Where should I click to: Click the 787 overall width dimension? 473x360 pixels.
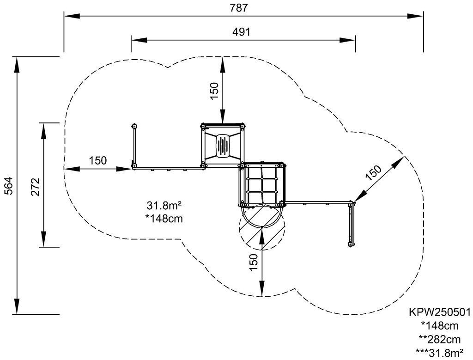(x=239, y=8)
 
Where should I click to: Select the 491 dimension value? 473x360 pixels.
(x=241, y=32)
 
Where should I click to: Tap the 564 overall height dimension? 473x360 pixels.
(x=9, y=185)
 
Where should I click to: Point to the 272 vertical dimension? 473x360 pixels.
(x=35, y=187)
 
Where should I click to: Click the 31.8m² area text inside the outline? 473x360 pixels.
(x=164, y=206)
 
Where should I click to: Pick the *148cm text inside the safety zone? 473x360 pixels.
(x=164, y=218)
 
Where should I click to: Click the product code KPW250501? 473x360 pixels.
(x=440, y=312)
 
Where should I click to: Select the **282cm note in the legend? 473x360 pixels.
(x=440, y=339)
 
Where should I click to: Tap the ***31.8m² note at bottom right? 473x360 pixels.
(x=440, y=353)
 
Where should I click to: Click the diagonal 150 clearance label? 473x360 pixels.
(x=373, y=173)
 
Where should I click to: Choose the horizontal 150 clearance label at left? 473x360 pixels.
(x=98, y=160)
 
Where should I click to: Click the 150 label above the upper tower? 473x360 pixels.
(x=214, y=91)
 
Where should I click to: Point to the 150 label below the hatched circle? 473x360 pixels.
(x=254, y=262)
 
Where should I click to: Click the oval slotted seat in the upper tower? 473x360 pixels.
(x=223, y=146)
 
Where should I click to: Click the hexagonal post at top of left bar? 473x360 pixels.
(x=134, y=126)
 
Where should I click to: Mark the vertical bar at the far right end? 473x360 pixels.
(x=351, y=225)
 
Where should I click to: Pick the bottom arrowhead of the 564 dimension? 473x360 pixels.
(x=17, y=306)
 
